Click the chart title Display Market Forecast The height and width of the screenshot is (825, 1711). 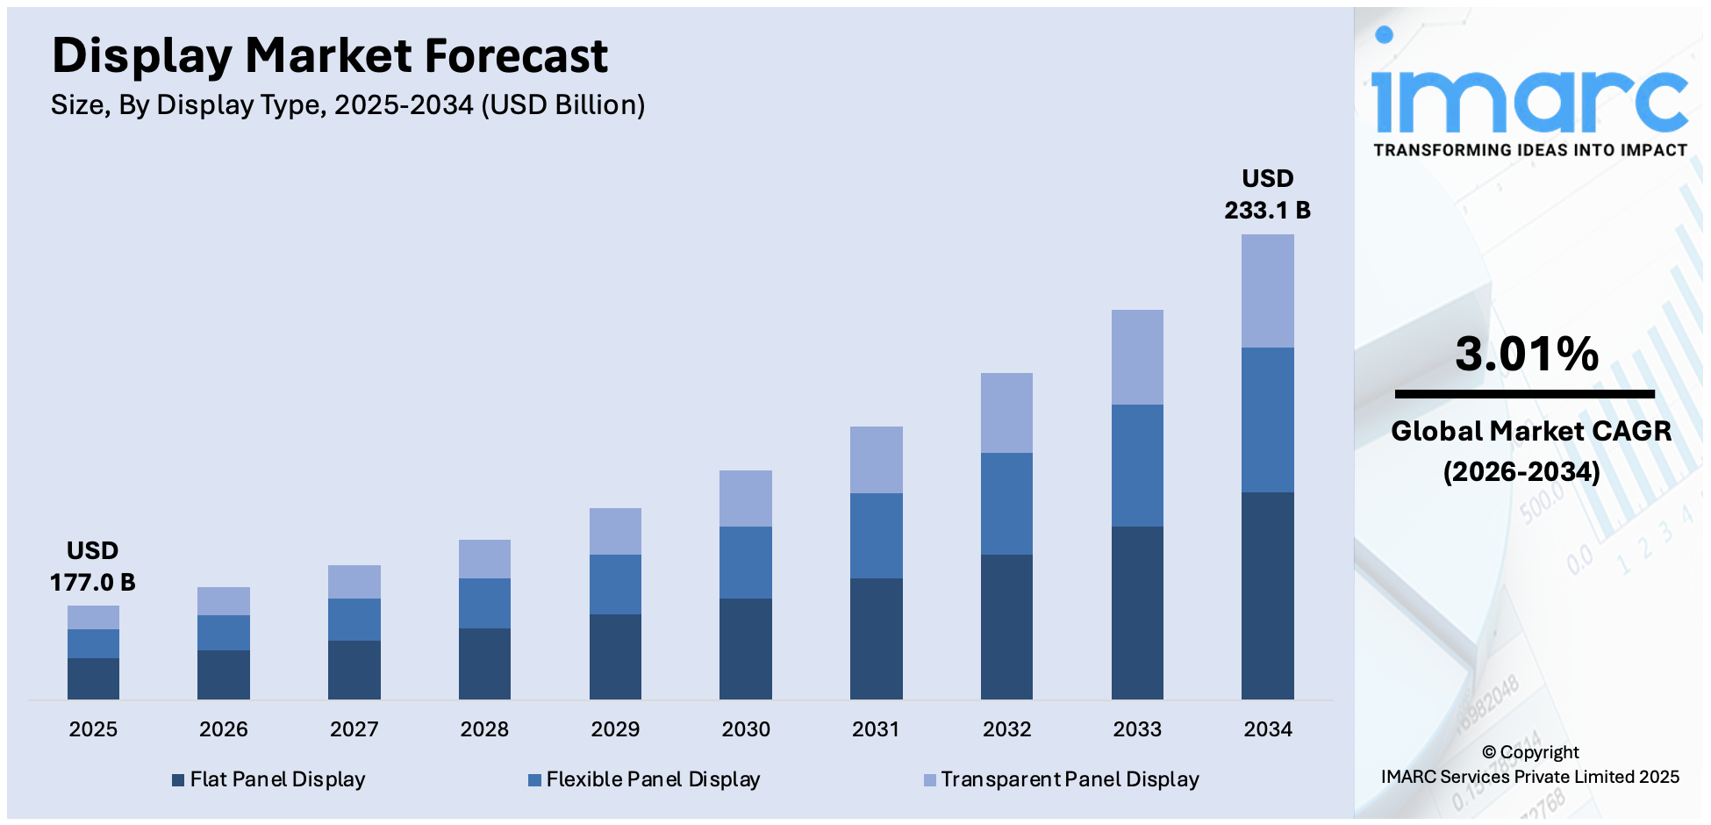329,56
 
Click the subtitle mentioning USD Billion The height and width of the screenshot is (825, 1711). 347,105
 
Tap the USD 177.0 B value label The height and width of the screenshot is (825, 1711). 92,566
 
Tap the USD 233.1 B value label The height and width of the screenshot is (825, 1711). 1267,194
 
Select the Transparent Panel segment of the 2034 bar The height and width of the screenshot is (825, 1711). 1267,291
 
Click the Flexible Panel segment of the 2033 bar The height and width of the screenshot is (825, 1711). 1137,465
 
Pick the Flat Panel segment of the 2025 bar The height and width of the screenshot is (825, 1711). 93,678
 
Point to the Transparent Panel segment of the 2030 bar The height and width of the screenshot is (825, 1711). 745,498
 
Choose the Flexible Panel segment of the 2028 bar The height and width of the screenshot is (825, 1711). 484,603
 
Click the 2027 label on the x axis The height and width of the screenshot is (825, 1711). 354,729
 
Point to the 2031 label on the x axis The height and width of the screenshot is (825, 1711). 876,729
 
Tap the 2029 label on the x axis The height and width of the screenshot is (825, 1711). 615,729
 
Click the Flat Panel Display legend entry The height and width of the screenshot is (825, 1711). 268,779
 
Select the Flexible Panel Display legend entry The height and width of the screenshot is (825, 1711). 644,779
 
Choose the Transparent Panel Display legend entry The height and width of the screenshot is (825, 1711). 1061,779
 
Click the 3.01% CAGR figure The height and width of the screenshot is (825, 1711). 1527,354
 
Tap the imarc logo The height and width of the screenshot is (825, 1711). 1529,92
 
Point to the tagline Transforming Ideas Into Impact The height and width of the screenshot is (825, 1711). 1530,150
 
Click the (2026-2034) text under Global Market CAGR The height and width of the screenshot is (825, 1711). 1521,472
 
